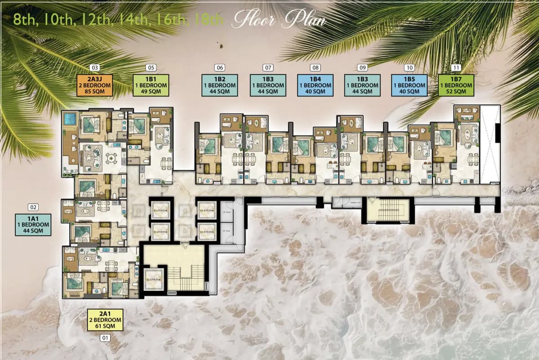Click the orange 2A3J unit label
coord(94,85)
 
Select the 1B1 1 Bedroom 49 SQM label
coord(151,85)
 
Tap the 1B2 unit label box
coord(220,85)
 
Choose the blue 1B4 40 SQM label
coord(315,85)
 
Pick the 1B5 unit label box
coord(409,85)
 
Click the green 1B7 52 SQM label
coord(457,85)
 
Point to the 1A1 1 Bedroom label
coord(33,224)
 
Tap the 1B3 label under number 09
coord(362,85)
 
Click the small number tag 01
coord(106,337)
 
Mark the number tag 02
coord(33,207)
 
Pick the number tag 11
coord(457,68)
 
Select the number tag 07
coord(268,68)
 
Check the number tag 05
coord(151,68)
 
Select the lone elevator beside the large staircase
coord(154,280)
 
